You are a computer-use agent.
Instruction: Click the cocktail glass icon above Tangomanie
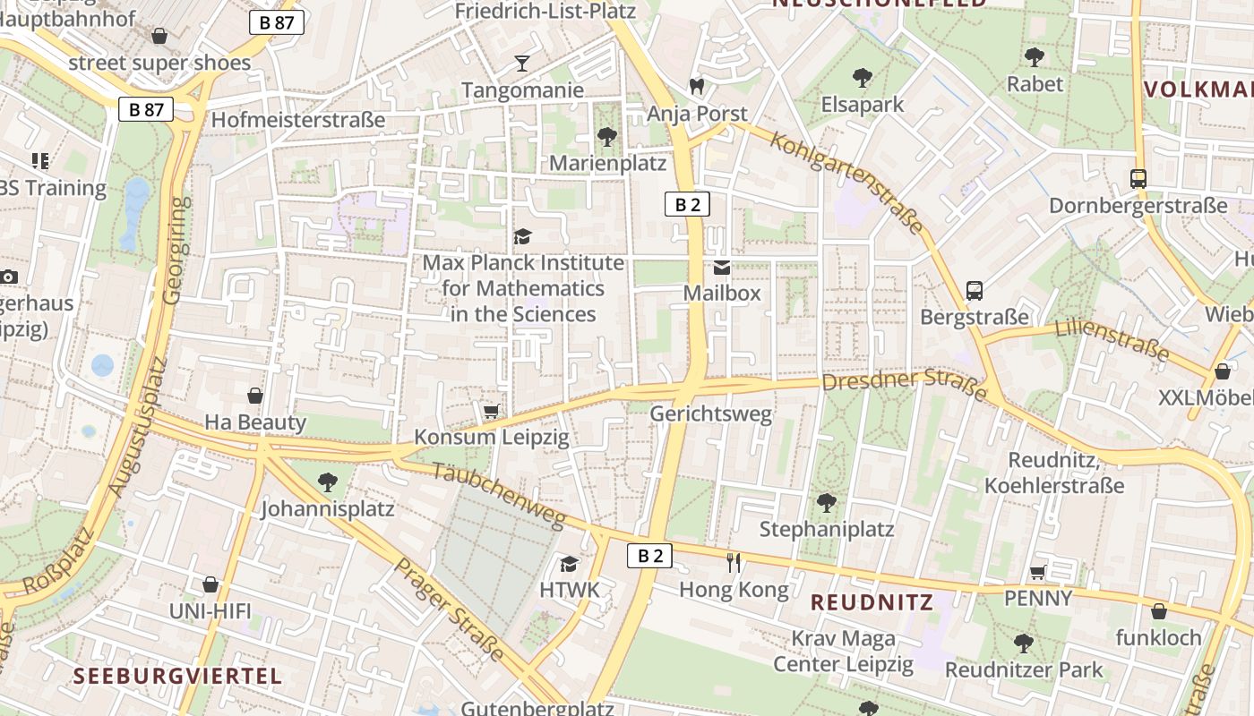[522, 63]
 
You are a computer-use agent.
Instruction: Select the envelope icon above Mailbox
[722, 267]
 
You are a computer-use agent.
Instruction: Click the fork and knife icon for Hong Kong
[734, 562]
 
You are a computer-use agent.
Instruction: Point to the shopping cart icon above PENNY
[1038, 571]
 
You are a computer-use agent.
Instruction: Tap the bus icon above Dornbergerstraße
[1138, 178]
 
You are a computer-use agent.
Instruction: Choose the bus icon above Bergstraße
[975, 290]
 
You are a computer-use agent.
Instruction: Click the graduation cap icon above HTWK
[569, 563]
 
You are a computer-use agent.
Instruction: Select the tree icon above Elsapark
[863, 78]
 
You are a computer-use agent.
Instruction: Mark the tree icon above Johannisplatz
[328, 482]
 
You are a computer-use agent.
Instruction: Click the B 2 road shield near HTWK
[649, 556]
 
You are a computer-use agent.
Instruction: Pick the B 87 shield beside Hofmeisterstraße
[146, 109]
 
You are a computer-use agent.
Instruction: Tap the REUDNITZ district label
[872, 602]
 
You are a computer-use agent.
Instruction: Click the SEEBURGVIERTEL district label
[177, 675]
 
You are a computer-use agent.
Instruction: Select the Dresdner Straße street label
[904, 383]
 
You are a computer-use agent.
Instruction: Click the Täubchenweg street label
[499, 495]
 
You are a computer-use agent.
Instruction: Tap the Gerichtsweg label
[710, 413]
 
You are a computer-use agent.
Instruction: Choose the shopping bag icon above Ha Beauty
[255, 395]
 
